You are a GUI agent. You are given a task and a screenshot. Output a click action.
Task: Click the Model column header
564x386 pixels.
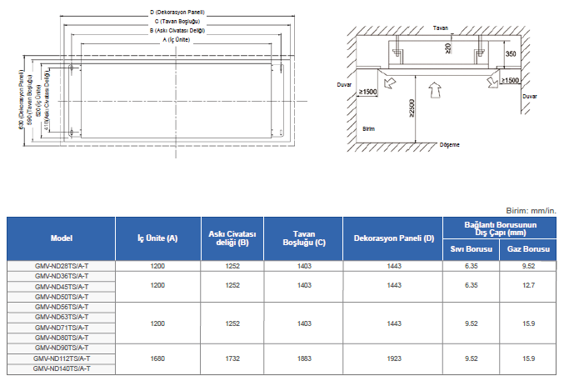(x=62, y=238)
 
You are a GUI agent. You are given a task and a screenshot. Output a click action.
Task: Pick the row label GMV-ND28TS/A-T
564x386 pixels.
(x=62, y=266)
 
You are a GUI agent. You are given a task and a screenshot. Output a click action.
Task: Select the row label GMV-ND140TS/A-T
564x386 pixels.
(x=62, y=368)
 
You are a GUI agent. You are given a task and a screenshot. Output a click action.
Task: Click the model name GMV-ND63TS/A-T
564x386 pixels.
(x=62, y=317)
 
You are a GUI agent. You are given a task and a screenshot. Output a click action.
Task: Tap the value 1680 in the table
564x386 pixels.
(x=158, y=358)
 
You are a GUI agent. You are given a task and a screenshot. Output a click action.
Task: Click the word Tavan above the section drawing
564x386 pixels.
(x=440, y=28)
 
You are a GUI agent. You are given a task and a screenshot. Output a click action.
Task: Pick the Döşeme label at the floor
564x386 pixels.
(x=449, y=144)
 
